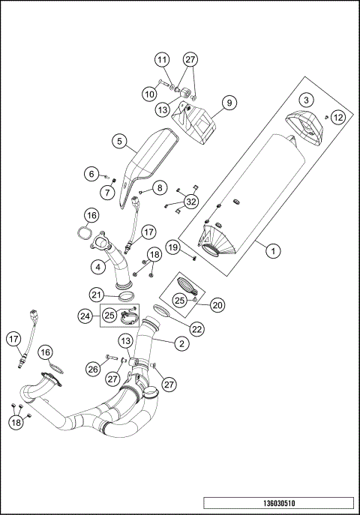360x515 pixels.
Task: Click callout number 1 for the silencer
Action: click(x=274, y=253)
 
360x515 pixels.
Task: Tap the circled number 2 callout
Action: click(x=181, y=345)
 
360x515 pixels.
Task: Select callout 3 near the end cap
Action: click(x=306, y=100)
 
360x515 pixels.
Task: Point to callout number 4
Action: click(x=98, y=266)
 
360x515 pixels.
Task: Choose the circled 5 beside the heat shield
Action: click(x=118, y=140)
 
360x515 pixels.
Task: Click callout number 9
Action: click(x=229, y=101)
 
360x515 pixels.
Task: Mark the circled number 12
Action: click(x=339, y=117)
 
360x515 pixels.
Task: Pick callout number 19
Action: click(x=172, y=247)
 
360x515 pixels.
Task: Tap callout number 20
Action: click(x=217, y=305)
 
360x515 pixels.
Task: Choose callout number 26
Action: click(x=93, y=368)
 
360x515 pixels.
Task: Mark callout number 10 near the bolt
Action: click(x=149, y=94)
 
